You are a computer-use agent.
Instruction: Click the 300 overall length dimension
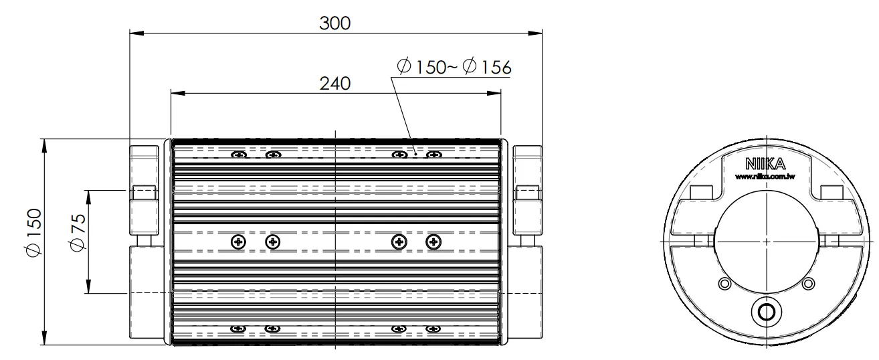(x=334, y=23)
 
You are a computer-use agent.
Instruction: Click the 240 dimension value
(x=334, y=84)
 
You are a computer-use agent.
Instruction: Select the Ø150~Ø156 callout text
(x=454, y=67)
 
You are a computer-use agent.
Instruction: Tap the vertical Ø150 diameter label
(x=34, y=232)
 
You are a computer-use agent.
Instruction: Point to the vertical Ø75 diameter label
(x=78, y=232)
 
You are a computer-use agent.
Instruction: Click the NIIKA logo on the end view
(x=765, y=164)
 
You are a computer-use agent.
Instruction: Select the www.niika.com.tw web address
(x=765, y=177)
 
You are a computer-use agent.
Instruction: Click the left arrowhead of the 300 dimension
(x=136, y=33)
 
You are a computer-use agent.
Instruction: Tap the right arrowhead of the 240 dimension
(x=494, y=94)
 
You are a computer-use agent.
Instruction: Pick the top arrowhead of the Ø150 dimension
(x=43, y=146)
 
